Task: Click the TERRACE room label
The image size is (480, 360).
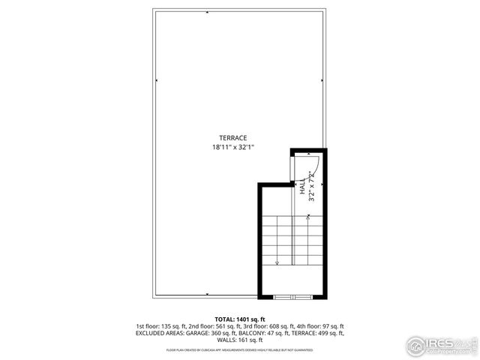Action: pyautogui.click(x=232, y=137)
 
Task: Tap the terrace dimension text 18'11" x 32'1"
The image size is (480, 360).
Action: pyautogui.click(x=232, y=147)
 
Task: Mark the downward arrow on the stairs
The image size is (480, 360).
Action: pyautogui.click(x=277, y=262)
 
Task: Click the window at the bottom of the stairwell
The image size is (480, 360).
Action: pyautogui.click(x=292, y=297)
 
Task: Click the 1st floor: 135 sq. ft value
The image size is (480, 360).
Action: pyautogui.click(x=160, y=327)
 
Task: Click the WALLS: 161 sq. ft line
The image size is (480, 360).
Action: pyautogui.click(x=240, y=340)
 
